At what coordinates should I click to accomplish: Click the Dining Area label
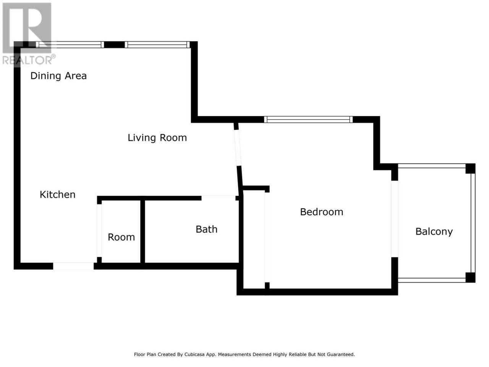pyautogui.click(x=58, y=76)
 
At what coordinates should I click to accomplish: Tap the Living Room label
pyautogui.click(x=157, y=138)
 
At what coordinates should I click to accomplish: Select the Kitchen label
pyautogui.click(x=57, y=195)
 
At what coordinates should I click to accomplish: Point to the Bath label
pyautogui.click(x=206, y=229)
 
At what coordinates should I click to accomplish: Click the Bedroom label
pyautogui.click(x=321, y=212)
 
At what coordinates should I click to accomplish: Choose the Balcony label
pyautogui.click(x=434, y=232)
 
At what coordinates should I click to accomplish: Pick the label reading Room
pyautogui.click(x=121, y=237)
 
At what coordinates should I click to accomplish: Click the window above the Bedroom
pyautogui.click(x=308, y=119)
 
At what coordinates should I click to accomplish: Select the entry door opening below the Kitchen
pyautogui.click(x=73, y=266)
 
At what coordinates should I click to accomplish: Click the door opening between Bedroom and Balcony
pyautogui.click(x=394, y=219)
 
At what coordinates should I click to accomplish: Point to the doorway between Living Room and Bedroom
pyautogui.click(x=238, y=148)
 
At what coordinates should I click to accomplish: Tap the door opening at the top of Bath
pyautogui.click(x=218, y=198)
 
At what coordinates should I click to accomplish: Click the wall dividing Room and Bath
pyautogui.click(x=142, y=232)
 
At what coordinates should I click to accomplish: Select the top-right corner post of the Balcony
pyautogui.click(x=470, y=169)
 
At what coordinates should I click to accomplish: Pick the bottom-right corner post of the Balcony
pyautogui.click(x=470, y=278)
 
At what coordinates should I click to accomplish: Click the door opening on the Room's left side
pyautogui.click(x=99, y=231)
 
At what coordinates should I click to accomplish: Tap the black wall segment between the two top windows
pyautogui.click(x=114, y=45)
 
